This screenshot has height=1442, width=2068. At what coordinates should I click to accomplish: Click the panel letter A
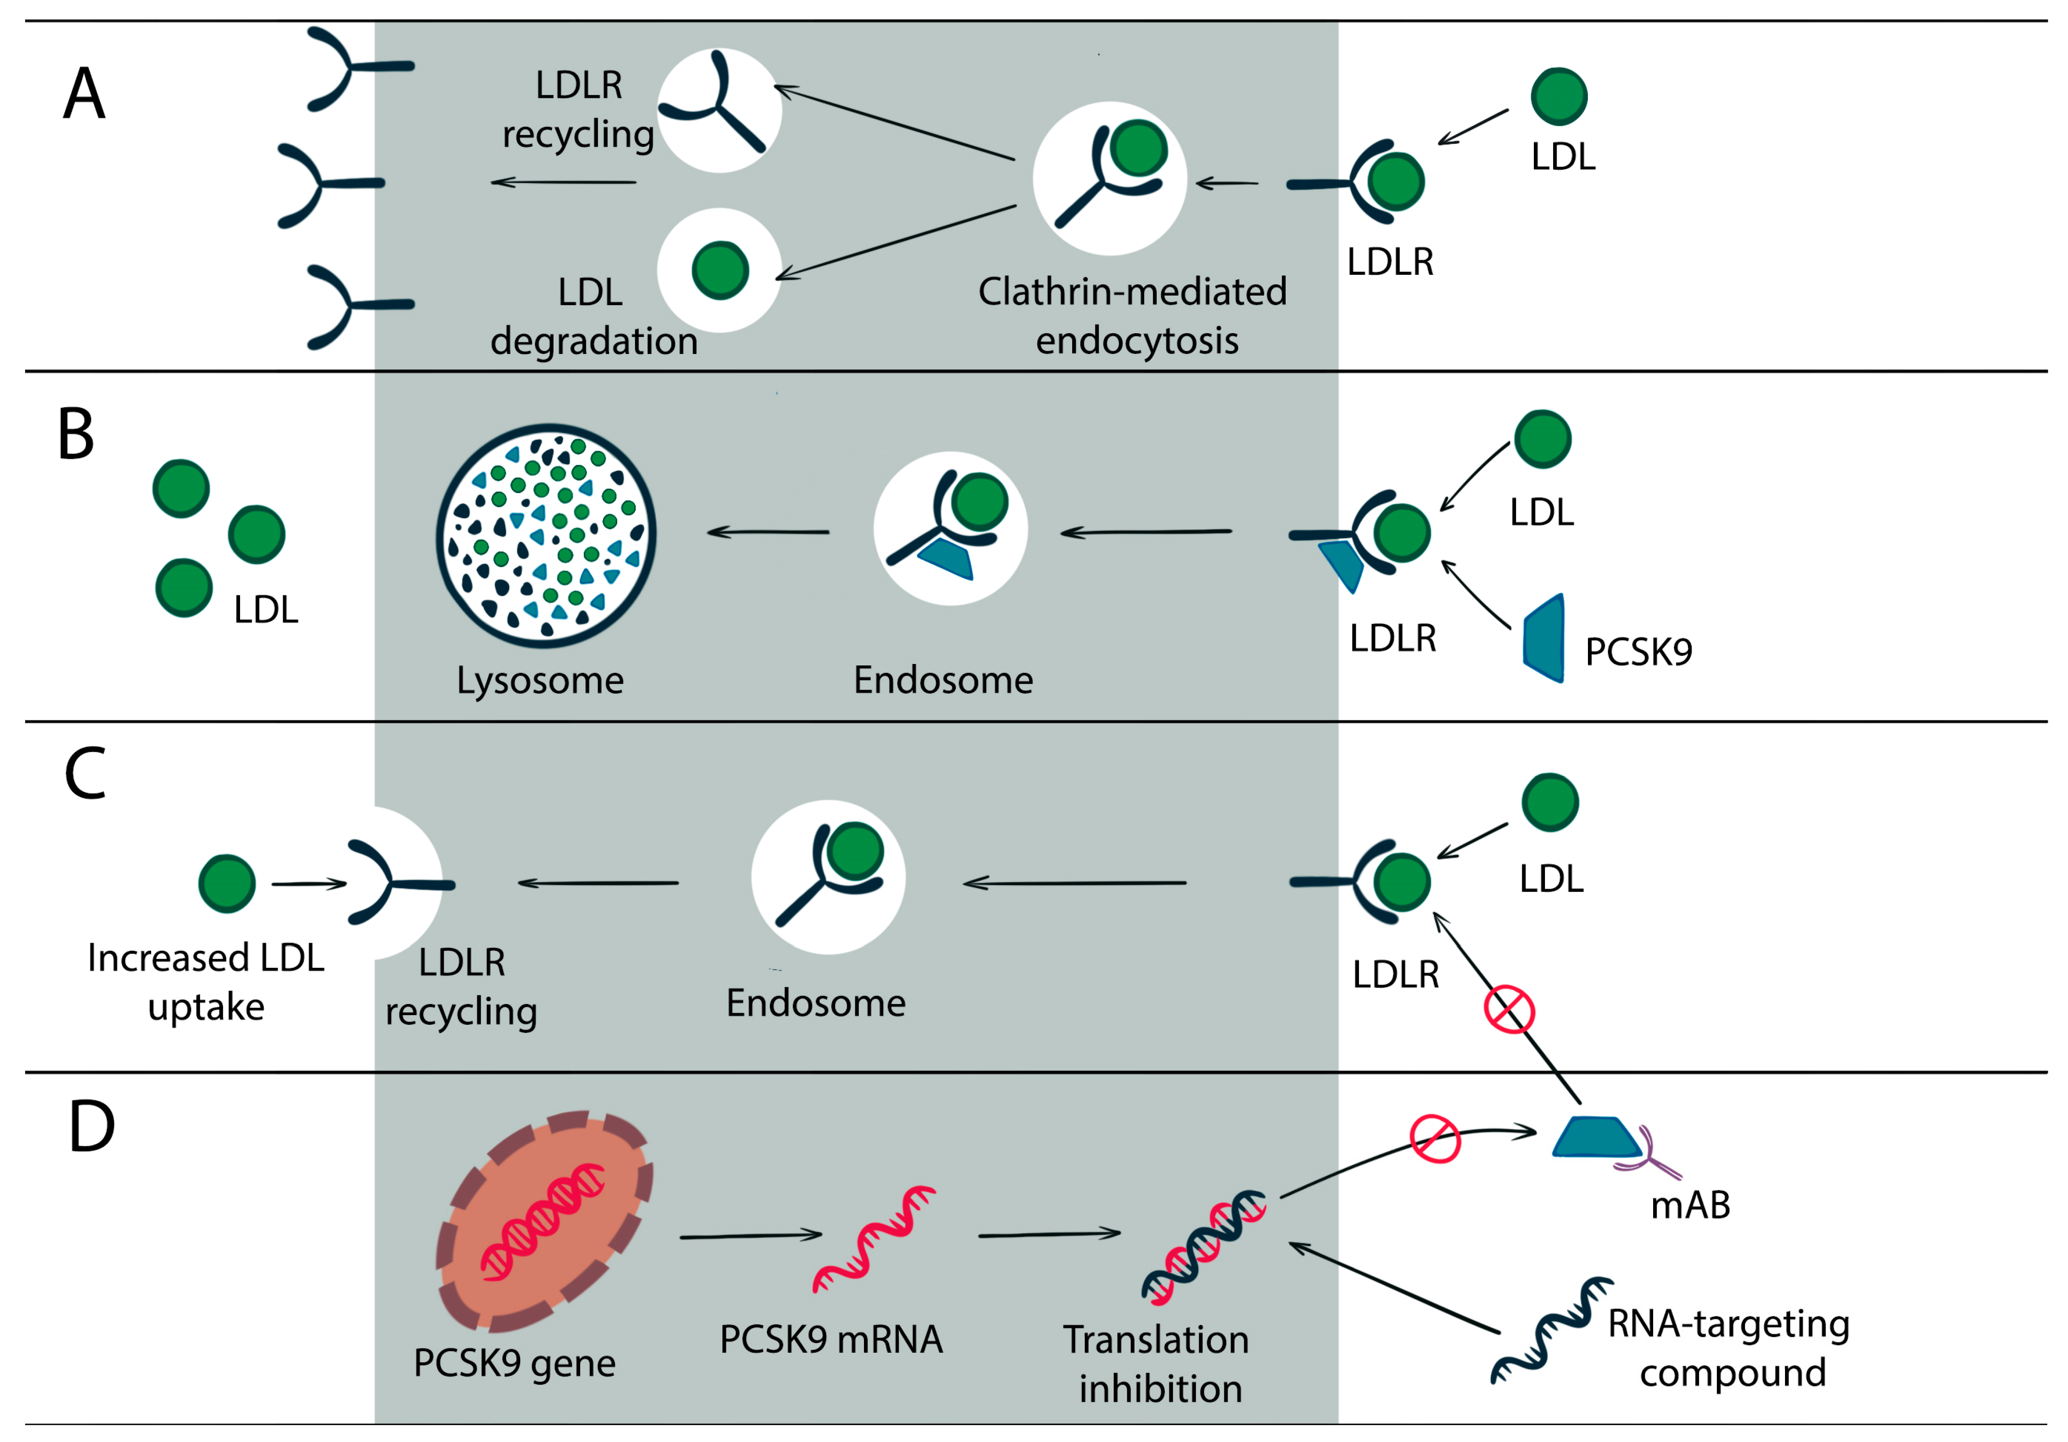coord(84,94)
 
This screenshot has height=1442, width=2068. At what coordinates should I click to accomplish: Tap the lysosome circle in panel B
coord(546,536)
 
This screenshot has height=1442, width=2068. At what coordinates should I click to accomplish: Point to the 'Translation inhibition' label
coord(1158,1364)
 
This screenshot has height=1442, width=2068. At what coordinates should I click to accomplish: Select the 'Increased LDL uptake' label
coord(206,982)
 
